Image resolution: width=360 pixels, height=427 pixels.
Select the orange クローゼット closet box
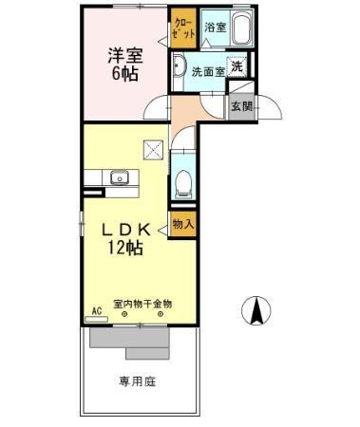pos(183,28)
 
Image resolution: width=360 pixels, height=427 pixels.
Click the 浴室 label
pos(216,28)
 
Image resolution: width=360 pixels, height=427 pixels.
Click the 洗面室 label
pos(207,70)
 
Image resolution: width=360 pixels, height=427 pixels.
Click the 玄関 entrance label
pos(241,106)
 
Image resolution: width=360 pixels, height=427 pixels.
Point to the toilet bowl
pos(184,180)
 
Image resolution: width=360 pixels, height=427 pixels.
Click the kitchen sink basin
pos(119,177)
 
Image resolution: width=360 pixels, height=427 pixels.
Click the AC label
pos(96,310)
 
